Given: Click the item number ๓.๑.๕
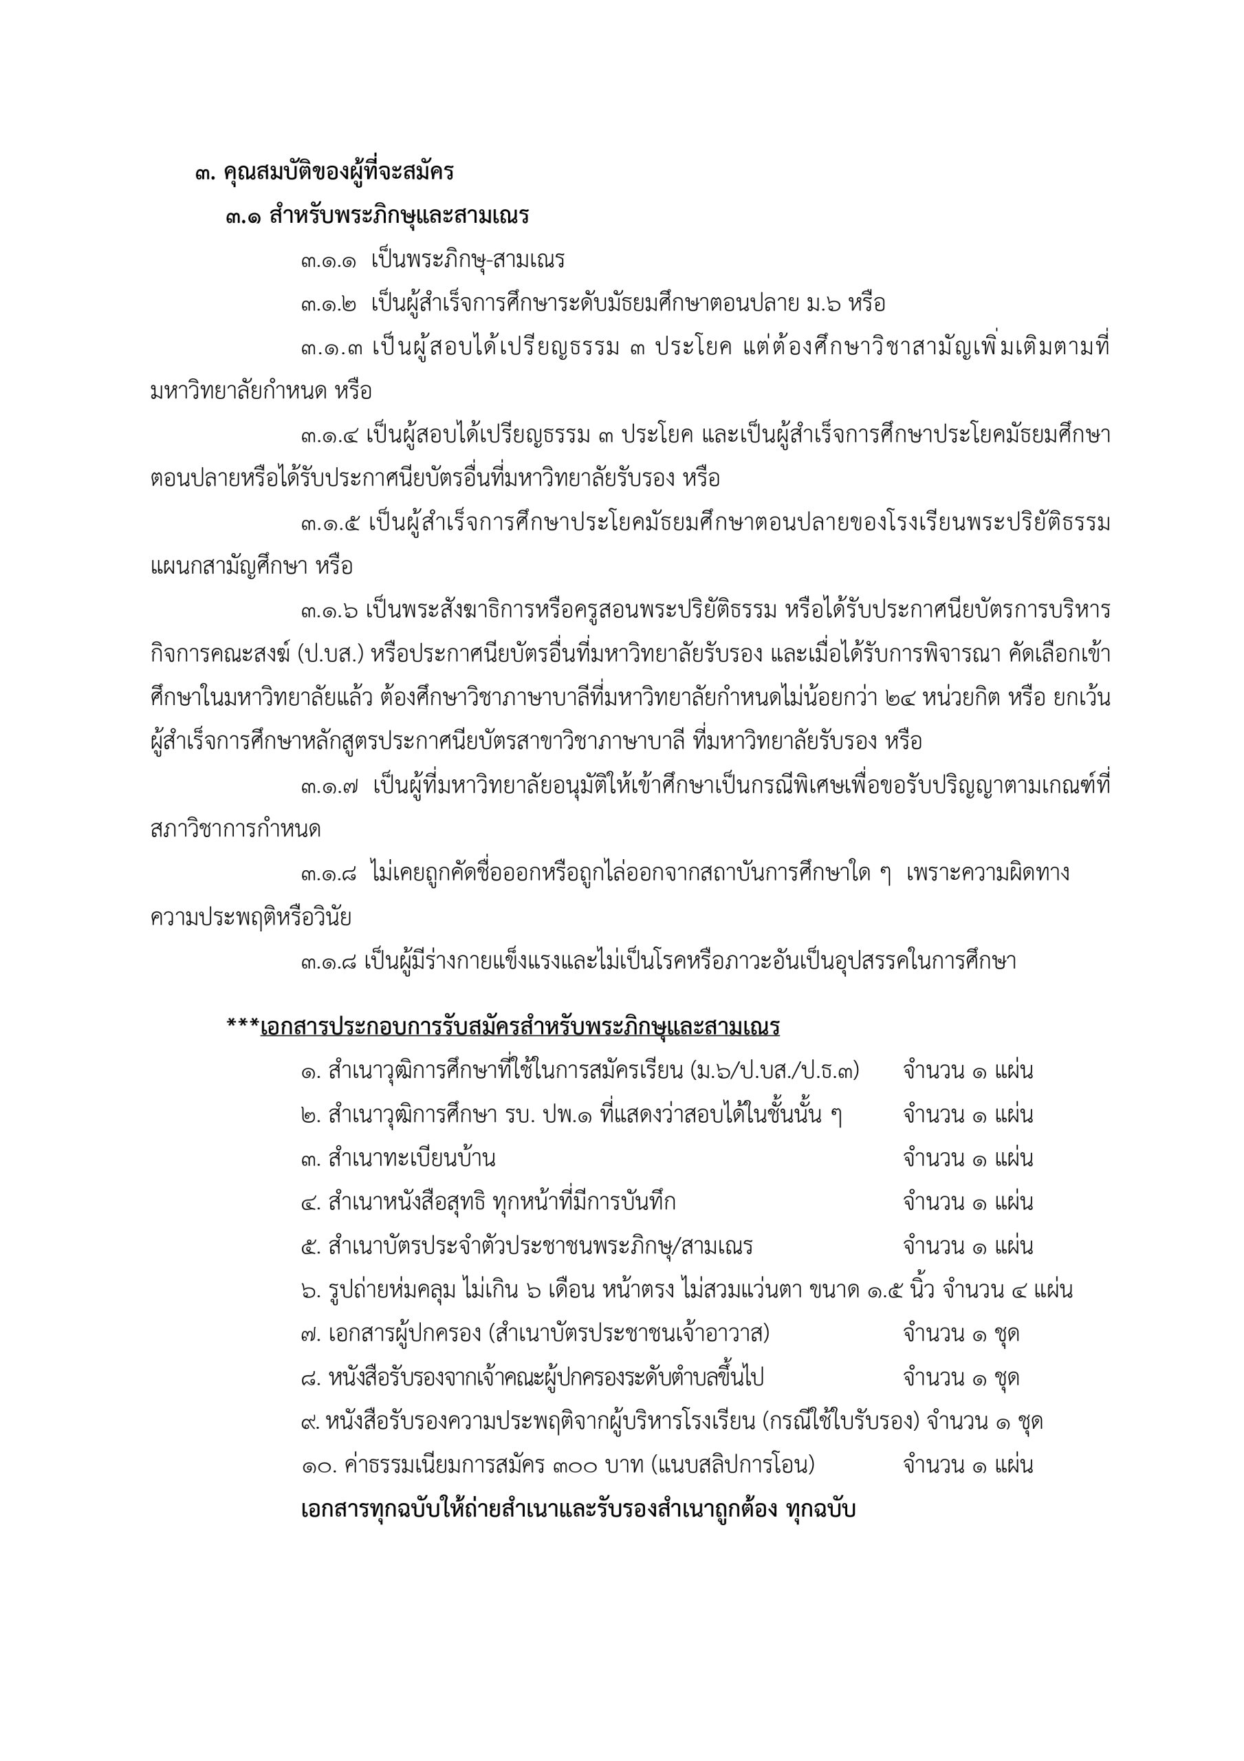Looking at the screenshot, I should click(x=330, y=524).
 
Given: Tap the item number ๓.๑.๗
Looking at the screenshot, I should click(x=330, y=786).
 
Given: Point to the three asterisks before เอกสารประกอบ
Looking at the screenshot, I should click(x=242, y=1026).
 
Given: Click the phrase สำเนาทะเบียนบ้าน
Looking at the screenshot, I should click(x=411, y=1158).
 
